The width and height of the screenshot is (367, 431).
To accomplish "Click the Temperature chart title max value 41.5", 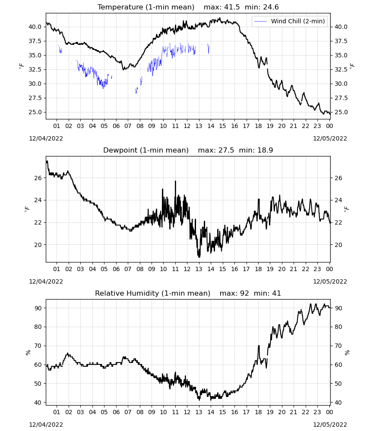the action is click(x=232, y=7).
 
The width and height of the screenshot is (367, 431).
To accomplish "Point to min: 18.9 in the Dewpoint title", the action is click(x=256, y=150).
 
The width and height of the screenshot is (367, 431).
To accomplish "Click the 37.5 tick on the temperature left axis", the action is click(x=35, y=41).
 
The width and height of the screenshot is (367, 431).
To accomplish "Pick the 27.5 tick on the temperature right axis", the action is click(x=341, y=98).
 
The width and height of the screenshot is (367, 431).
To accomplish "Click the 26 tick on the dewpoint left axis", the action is click(x=38, y=178).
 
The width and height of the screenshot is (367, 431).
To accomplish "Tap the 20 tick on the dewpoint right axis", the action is click(x=339, y=245).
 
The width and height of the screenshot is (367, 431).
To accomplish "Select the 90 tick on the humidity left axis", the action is click(x=38, y=308).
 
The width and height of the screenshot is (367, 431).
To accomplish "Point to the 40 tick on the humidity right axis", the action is click(x=339, y=403).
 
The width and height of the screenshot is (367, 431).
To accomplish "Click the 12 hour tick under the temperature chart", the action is click(x=187, y=126).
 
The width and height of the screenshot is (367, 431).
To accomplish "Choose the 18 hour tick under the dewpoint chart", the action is click(x=258, y=269).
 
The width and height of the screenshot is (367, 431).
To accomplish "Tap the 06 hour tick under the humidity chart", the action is click(x=116, y=412).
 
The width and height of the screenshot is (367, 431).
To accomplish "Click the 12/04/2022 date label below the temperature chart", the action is click(x=46, y=138).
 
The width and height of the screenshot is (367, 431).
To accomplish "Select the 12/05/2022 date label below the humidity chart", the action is click(x=330, y=425).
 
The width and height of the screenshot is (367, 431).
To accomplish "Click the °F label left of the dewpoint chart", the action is click(x=27, y=209).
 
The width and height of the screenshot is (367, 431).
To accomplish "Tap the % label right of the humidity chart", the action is click(x=347, y=353).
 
